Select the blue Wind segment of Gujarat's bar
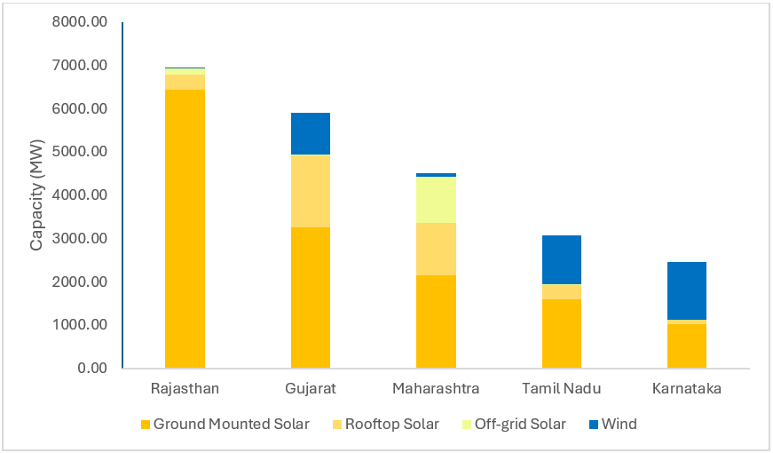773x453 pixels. tap(311, 133)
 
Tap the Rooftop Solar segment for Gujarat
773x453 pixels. tap(311, 191)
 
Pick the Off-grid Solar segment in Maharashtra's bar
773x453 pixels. tap(436, 200)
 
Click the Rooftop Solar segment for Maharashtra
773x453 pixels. tap(436, 249)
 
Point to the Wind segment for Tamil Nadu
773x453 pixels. tap(562, 259)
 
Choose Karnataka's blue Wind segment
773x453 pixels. tap(687, 290)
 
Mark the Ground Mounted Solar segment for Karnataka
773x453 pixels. tap(687, 346)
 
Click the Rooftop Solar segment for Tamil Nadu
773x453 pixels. tap(562, 291)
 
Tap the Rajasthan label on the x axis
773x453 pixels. tap(185, 389)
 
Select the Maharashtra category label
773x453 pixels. tap(436, 389)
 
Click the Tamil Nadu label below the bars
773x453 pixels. tap(562, 389)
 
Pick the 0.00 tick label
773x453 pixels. tap(91, 369)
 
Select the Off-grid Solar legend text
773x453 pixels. tap(520, 425)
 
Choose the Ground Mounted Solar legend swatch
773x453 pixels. tap(146, 425)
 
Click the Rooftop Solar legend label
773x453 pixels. tap(391, 425)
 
